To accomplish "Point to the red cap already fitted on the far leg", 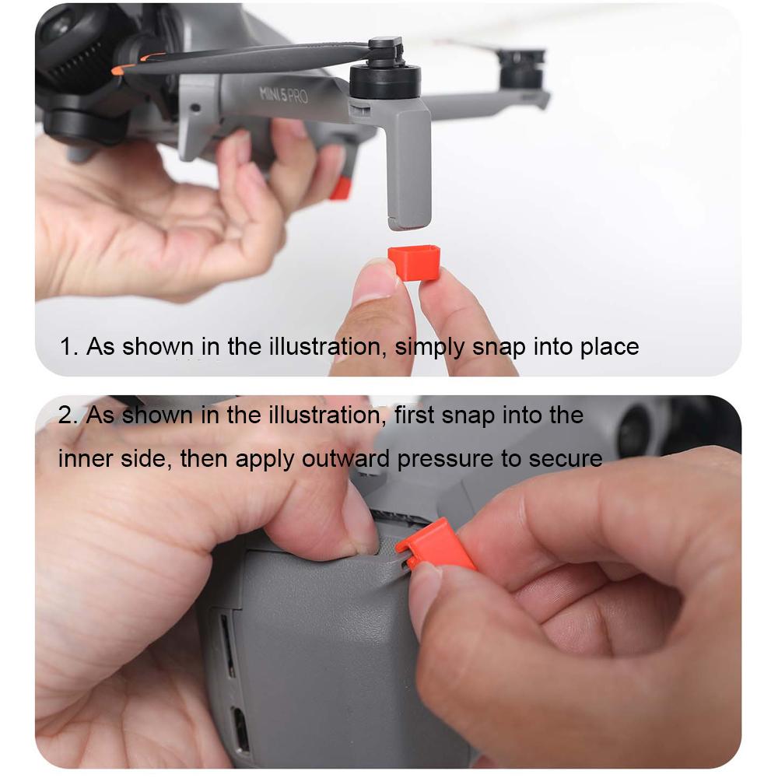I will pos(340,187).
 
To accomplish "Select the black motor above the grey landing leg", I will pos(384,78).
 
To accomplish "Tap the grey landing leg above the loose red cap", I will pos(408,167).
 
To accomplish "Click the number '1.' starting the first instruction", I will pos(69,346).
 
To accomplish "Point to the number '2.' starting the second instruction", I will pos(68,415).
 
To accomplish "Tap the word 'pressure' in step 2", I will pos(445,459).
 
